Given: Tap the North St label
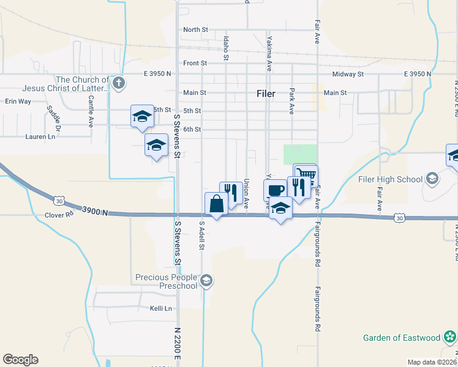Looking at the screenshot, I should tap(195, 29).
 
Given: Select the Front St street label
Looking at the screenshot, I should tap(195, 63).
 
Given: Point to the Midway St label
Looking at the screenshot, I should tap(348, 74).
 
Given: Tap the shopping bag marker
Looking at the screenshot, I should tap(217, 204).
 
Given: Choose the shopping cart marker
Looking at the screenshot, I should tap(306, 174).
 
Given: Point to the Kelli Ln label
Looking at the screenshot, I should tap(161, 309).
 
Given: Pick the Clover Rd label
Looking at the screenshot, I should tap(59, 215).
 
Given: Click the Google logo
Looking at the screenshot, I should tap(20, 360).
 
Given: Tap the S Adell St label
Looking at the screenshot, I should tap(200, 237).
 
